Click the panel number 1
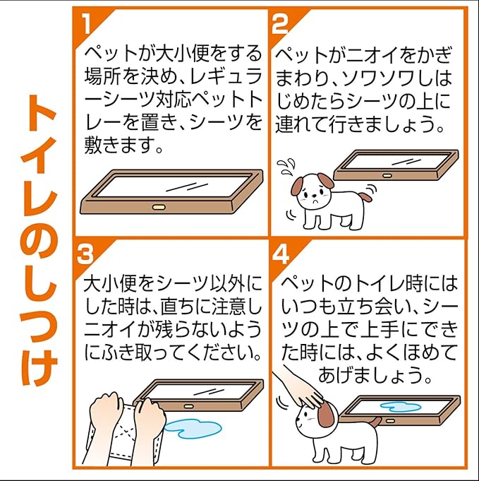(x=87, y=24)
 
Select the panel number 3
(x=85, y=254)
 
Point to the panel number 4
(x=280, y=254)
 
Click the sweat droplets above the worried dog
(x=286, y=167)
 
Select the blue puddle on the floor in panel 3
(x=193, y=429)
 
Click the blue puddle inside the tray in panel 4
(x=401, y=407)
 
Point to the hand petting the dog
(x=302, y=388)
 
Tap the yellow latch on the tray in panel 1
(x=159, y=207)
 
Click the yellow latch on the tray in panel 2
(x=387, y=176)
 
